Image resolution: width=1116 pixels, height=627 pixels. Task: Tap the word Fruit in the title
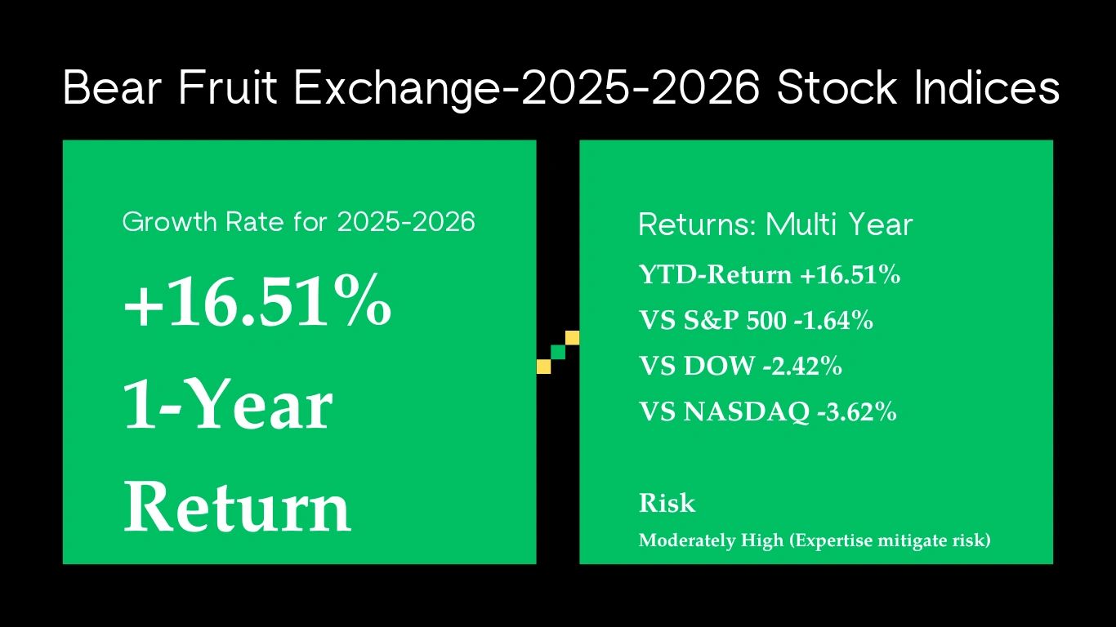pyautogui.click(x=227, y=87)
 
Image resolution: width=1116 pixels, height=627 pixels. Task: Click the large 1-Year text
pyautogui.click(x=228, y=404)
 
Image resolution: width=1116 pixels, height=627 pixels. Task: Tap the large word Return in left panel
pyautogui.click(x=238, y=507)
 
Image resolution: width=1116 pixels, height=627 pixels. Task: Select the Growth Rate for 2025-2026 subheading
pyautogui.click(x=298, y=221)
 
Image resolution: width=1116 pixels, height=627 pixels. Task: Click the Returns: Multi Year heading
pyautogui.click(x=775, y=225)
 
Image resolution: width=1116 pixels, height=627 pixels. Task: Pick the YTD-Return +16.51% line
pyautogui.click(x=770, y=274)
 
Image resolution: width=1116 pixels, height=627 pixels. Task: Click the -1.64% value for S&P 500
pyautogui.click(x=833, y=320)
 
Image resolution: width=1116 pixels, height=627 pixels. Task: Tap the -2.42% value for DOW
pyautogui.click(x=802, y=366)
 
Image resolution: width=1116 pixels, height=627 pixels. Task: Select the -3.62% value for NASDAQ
pyautogui.click(x=857, y=411)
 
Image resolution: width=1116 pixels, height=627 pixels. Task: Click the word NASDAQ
pyautogui.click(x=747, y=412)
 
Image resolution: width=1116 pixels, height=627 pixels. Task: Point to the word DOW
pyautogui.click(x=720, y=366)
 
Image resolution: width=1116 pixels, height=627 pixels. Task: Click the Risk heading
pyautogui.click(x=667, y=503)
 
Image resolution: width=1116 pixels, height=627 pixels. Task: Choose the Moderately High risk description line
pyautogui.click(x=815, y=540)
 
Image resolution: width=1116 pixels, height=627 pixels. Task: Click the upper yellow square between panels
pyautogui.click(x=573, y=338)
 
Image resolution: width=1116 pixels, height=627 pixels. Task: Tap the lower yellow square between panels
pyautogui.click(x=543, y=367)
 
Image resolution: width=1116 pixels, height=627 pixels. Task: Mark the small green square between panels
pyautogui.click(x=558, y=353)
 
